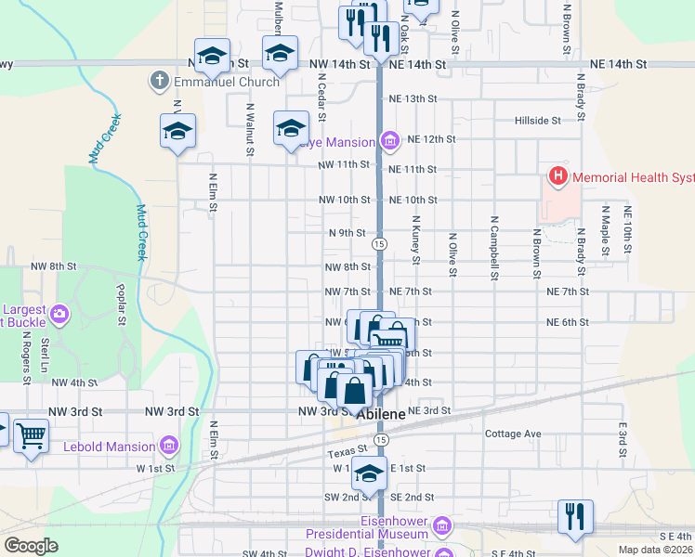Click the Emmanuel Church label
tap(226, 82)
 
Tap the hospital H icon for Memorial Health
tap(557, 175)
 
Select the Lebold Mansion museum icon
tap(168, 447)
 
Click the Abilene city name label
tap(380, 415)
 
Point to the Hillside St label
tap(539, 121)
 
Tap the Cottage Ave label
tap(513, 434)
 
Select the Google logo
tap(31, 546)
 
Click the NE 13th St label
tap(413, 98)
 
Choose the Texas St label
tap(341, 454)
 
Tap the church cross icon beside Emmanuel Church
tap(159, 82)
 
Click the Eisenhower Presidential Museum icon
tap(441, 527)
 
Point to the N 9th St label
tap(347, 233)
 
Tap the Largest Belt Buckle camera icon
tap(61, 314)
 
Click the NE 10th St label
tap(413, 200)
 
